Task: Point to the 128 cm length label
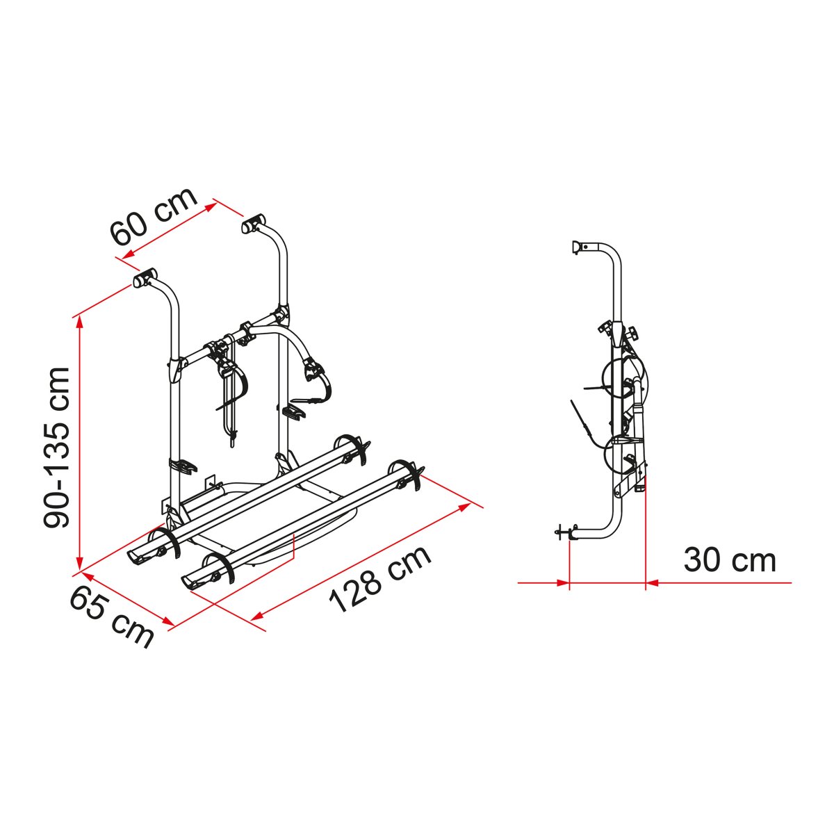tap(380, 579)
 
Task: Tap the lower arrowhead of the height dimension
tap(79, 564)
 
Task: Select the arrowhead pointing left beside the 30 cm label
tap(653, 583)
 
